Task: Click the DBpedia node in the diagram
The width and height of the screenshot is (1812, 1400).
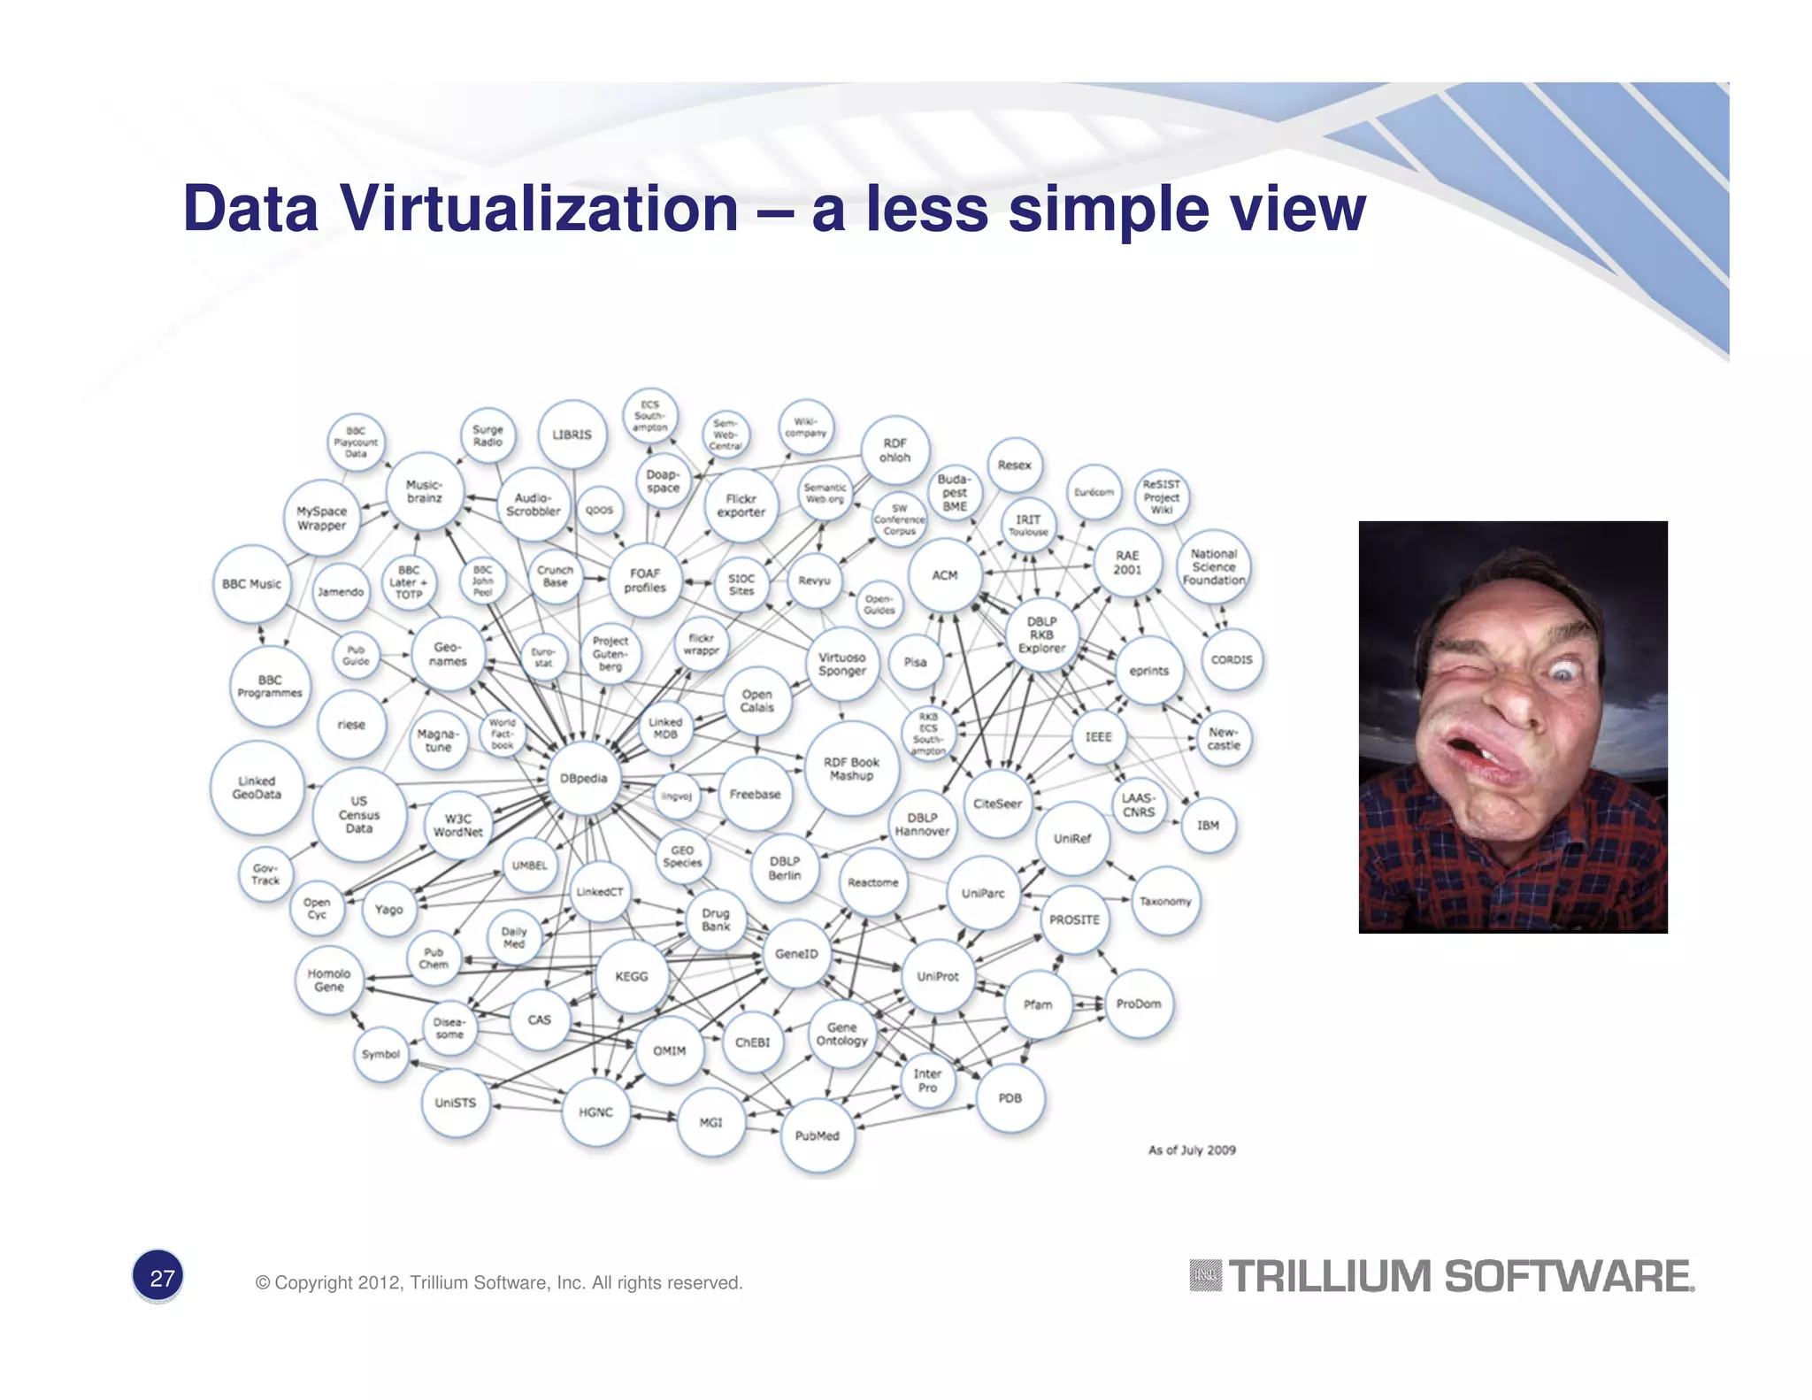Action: [583, 779]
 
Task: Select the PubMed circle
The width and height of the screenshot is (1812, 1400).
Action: [817, 1135]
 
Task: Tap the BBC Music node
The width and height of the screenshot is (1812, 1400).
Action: [251, 584]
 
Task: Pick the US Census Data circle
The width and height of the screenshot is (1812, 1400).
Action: [358, 814]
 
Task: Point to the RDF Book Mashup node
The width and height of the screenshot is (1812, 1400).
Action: [851, 768]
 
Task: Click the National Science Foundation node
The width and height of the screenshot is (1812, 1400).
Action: [1213, 566]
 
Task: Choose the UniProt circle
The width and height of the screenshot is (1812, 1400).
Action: [937, 976]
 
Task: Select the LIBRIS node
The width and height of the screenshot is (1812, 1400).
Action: [572, 435]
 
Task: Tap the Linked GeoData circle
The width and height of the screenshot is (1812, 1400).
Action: [257, 788]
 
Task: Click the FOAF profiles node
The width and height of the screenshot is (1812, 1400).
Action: [644, 581]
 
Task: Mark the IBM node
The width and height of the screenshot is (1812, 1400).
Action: [1208, 825]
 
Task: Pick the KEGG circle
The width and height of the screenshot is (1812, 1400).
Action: [631, 976]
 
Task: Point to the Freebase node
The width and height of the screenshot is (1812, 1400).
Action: [755, 794]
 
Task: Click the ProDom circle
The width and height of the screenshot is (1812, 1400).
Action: [1138, 1004]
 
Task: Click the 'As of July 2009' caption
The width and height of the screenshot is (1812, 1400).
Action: [1191, 1150]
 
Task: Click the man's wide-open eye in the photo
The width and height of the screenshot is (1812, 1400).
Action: [1564, 673]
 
